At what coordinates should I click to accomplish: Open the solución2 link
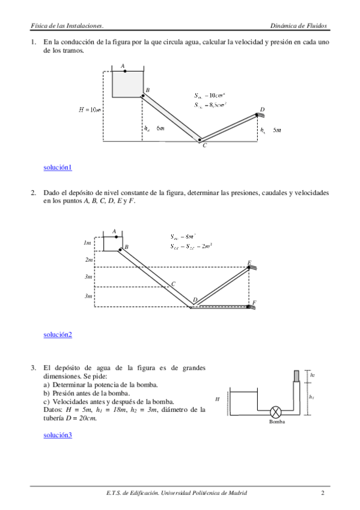point(58,334)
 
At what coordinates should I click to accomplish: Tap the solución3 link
point(58,434)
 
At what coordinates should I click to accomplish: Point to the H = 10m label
point(90,109)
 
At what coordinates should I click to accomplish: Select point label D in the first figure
point(262,109)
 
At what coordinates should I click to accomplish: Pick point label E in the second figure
point(249,263)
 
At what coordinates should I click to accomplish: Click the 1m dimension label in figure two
point(87,243)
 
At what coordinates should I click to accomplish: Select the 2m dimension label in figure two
point(89,260)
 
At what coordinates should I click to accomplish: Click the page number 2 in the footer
point(323,493)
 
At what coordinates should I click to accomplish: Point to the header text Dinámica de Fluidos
point(298,26)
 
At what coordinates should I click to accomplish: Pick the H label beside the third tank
point(218,399)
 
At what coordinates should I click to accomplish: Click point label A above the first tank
point(123,66)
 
